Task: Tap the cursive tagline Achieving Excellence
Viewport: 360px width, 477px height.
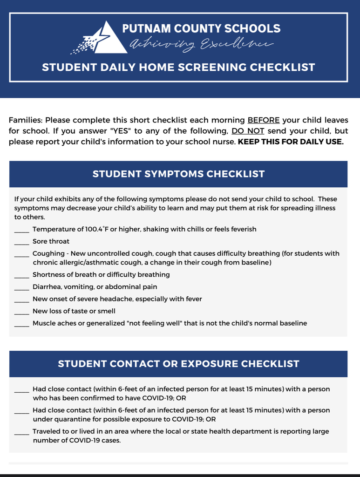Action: (x=201, y=45)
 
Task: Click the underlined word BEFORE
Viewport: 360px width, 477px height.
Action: (x=264, y=120)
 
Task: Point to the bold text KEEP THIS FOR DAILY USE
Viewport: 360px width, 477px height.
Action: (x=291, y=142)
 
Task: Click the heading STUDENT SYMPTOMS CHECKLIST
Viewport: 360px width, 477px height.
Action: (x=178, y=174)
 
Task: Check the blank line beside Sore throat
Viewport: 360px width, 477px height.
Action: (x=21, y=242)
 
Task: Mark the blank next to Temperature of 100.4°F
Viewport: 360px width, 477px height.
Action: (x=21, y=230)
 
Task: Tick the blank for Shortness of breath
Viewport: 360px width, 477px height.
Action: (x=21, y=276)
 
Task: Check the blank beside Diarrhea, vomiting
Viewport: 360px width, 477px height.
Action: (x=21, y=288)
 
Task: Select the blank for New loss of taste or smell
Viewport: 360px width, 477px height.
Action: (x=21, y=312)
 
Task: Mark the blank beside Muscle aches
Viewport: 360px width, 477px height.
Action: (x=21, y=324)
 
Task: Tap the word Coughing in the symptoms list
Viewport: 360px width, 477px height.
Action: (x=48, y=253)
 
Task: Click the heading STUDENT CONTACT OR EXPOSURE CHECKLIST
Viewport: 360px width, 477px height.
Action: (x=178, y=364)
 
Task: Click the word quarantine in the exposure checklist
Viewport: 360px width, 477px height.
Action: (x=68, y=419)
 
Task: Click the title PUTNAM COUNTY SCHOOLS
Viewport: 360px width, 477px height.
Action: (x=201, y=28)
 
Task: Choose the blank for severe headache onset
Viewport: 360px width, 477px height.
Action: (x=21, y=300)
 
